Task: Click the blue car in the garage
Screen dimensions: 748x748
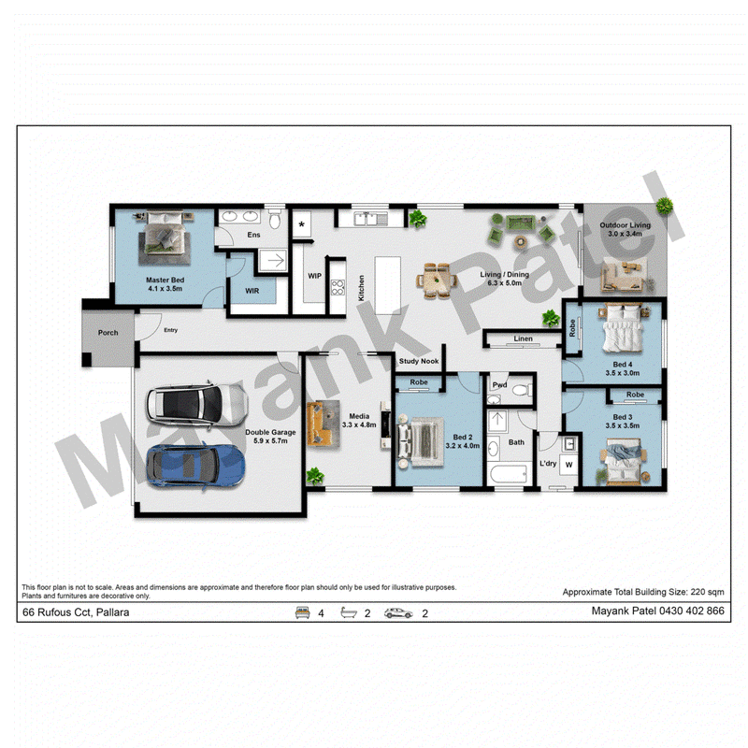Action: tap(195, 466)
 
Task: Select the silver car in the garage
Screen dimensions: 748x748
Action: tap(196, 405)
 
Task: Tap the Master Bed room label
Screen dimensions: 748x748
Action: tap(165, 280)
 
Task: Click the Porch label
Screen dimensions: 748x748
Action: tap(108, 333)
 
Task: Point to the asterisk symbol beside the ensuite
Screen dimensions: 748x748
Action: tap(301, 224)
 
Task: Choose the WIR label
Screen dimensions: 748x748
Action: tap(252, 291)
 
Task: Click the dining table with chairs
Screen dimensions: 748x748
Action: tap(437, 280)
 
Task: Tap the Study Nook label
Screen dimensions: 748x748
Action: tap(419, 361)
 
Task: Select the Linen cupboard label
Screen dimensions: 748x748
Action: tap(524, 338)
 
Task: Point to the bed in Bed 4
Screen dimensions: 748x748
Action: tap(622, 329)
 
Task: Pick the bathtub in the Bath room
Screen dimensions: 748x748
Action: tap(509, 474)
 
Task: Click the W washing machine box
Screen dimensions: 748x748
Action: tap(568, 465)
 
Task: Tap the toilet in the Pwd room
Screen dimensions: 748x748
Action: tap(521, 390)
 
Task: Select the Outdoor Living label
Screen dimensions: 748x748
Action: tap(625, 224)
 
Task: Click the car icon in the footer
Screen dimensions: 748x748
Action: tap(398, 613)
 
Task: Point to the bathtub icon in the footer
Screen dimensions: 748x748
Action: tap(349, 613)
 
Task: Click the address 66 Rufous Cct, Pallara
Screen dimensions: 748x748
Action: tap(76, 612)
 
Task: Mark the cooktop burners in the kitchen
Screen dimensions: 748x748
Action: tap(338, 288)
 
